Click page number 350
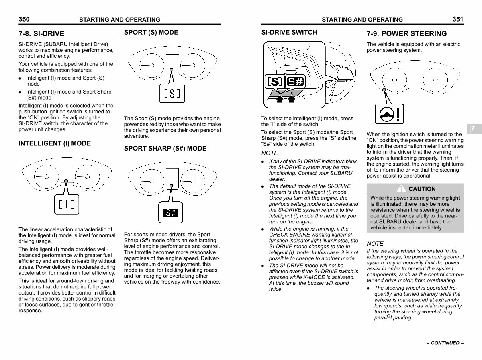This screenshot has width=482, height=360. pyautogui.click(x=24, y=19)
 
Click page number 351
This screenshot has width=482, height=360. pyautogui.click(x=457, y=19)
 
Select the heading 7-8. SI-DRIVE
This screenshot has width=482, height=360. pyautogui.click(x=41, y=34)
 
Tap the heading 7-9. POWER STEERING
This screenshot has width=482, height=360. pyautogui.click(x=406, y=34)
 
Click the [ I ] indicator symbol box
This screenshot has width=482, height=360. pyautogui.click(x=67, y=205)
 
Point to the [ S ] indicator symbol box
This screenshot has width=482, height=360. pyautogui.click(x=172, y=94)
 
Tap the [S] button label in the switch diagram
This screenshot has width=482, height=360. pyautogui.click(x=274, y=82)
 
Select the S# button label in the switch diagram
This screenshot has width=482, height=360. pyautogui.click(x=295, y=82)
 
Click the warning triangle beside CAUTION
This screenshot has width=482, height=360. pyautogui.click(x=401, y=189)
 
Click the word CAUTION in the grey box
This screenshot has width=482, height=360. pyautogui.click(x=422, y=189)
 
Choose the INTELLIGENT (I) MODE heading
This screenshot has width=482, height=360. pyautogui.click(x=55, y=143)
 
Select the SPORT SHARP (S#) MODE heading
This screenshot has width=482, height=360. pyautogui.click(x=165, y=149)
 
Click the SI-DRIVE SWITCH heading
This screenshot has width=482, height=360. pyautogui.click(x=289, y=33)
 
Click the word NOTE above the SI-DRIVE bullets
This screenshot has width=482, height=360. pyautogui.click(x=270, y=153)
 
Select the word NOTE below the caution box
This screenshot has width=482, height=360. pyautogui.click(x=375, y=244)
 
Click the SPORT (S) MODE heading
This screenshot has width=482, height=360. pyautogui.click(x=151, y=33)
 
